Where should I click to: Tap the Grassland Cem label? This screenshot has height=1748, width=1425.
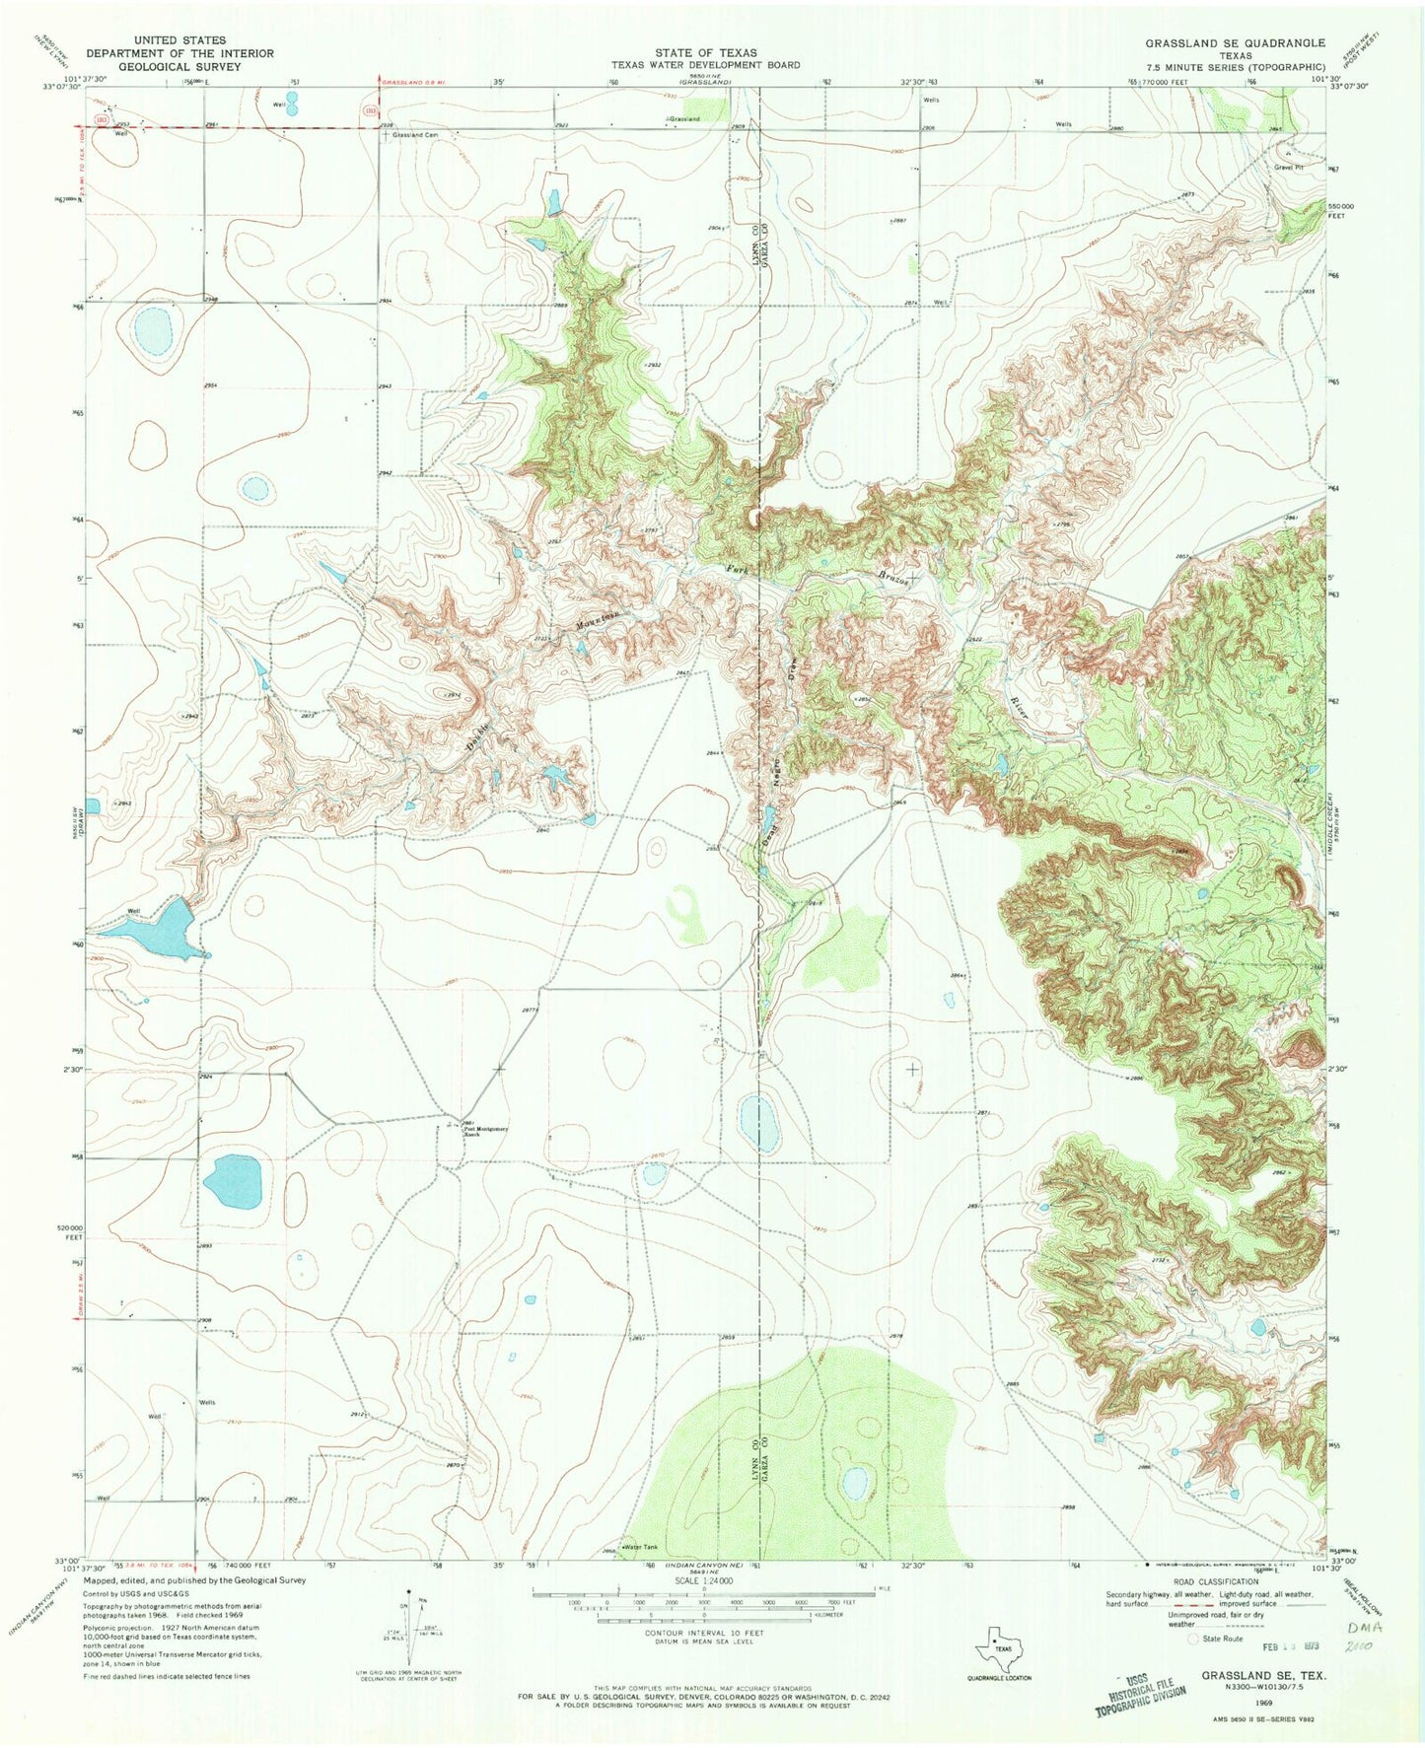click(414, 134)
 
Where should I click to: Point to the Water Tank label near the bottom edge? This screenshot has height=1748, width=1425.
click(639, 1547)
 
